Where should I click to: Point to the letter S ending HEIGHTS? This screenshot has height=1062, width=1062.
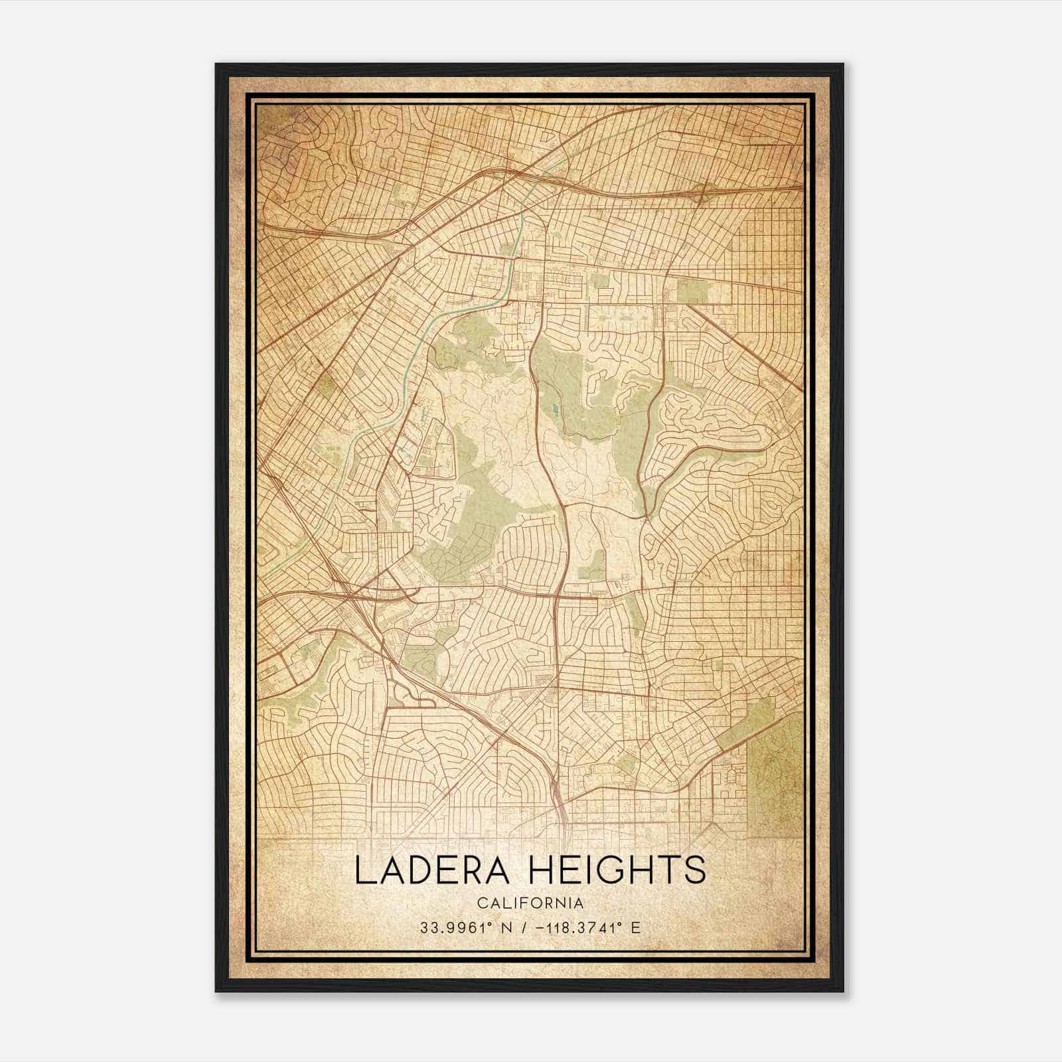[694, 871]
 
